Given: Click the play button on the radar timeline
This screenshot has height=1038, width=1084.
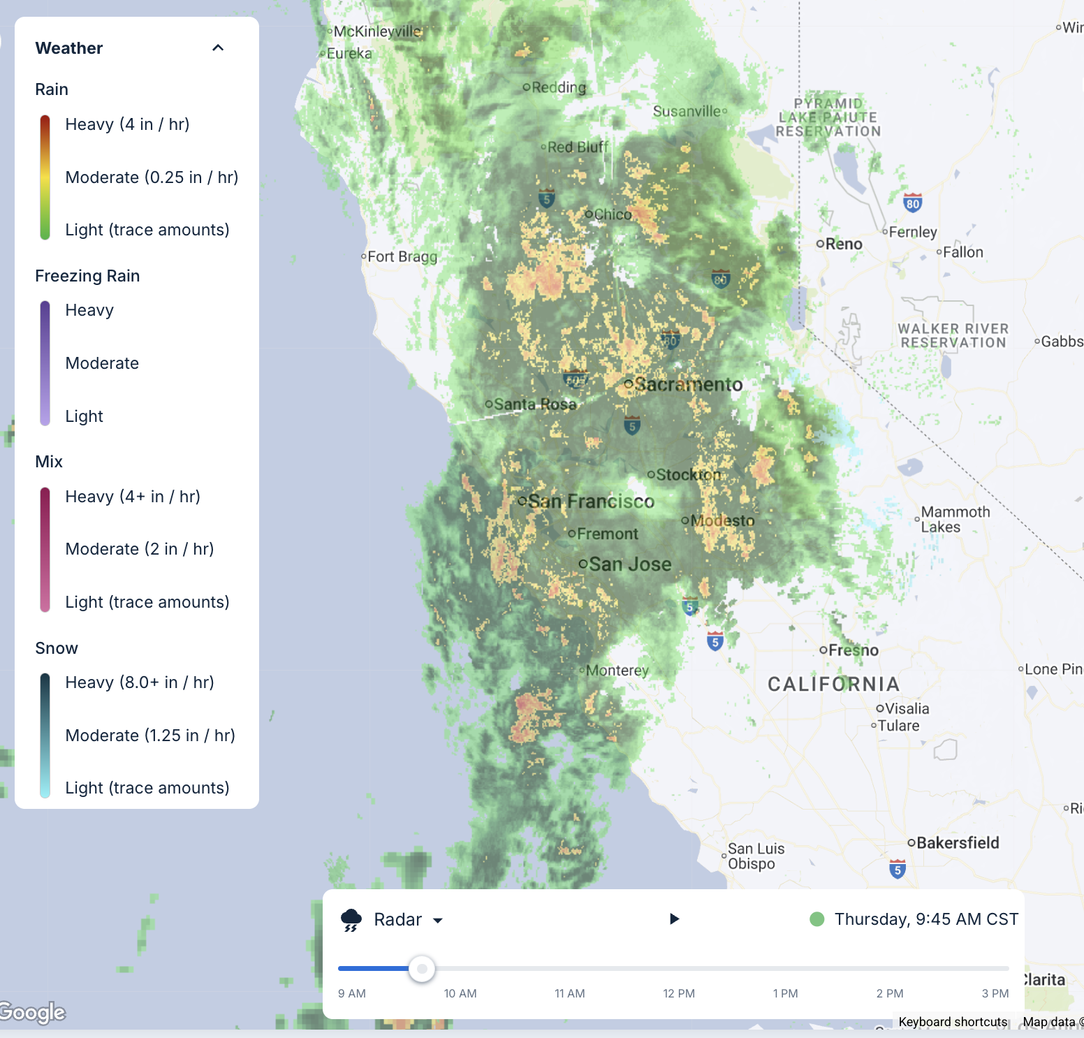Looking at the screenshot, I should click(674, 919).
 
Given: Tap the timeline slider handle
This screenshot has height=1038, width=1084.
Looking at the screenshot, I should click(422, 969).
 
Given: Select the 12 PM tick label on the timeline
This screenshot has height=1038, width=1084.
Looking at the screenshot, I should click(678, 993).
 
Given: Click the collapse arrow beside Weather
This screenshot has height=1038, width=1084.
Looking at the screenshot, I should click(218, 47).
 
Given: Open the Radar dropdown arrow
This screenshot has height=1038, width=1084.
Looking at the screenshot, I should click(438, 920).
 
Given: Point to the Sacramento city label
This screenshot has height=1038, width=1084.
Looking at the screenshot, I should click(688, 384).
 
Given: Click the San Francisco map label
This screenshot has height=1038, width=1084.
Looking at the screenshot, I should click(591, 502).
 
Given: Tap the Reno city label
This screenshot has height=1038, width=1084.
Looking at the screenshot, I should click(844, 244).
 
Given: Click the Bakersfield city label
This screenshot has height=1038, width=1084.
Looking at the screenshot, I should click(957, 842).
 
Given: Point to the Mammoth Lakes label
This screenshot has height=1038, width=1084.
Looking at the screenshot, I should click(955, 520).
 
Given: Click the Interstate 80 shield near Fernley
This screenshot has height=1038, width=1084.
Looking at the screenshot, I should click(912, 203).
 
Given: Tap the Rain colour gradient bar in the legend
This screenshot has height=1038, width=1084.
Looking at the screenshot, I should click(45, 177).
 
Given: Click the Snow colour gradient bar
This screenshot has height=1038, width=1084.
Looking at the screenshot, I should click(45, 735).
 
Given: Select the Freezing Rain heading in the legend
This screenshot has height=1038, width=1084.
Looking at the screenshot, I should click(87, 276).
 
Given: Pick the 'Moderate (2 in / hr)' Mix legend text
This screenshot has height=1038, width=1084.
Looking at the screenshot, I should click(140, 549).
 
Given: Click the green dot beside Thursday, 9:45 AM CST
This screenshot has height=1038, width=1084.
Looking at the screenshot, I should click(816, 919).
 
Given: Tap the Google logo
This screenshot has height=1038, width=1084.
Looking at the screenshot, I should click(32, 1011).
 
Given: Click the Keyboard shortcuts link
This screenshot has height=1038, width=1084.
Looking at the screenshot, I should click(953, 1022).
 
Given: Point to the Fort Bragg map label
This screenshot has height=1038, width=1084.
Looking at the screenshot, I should click(402, 257).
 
